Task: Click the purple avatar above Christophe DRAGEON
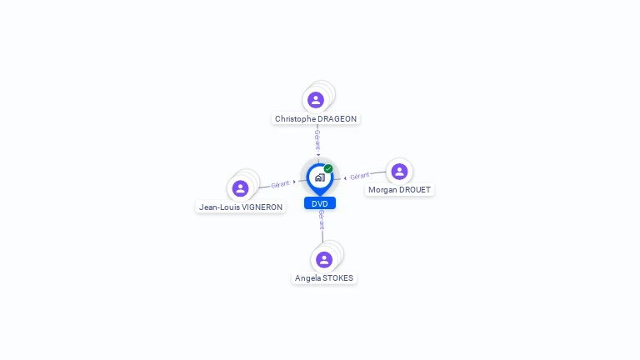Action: (316, 100)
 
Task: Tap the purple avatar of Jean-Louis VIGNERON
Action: (241, 188)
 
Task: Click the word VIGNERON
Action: (262, 207)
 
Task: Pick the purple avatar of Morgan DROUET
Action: (399, 172)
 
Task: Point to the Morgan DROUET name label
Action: (399, 190)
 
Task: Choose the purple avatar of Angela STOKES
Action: (324, 260)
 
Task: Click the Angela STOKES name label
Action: (324, 278)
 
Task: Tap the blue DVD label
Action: (319, 203)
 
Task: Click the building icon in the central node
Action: (319, 177)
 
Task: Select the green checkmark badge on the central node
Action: (328, 168)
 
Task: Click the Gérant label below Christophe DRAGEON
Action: (317, 138)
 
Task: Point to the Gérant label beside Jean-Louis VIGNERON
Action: (280, 184)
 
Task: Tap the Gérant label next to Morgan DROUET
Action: (359, 176)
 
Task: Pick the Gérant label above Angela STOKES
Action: (322, 220)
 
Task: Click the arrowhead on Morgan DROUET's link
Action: (345, 177)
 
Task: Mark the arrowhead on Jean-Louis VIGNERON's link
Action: (294, 182)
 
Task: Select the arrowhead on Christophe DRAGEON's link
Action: (317, 154)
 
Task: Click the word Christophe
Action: (294, 119)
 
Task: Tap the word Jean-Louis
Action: (218, 207)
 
